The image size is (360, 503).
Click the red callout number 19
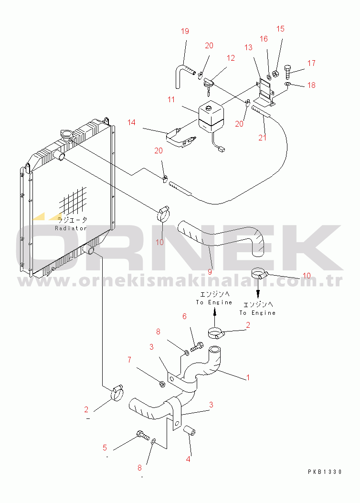point(185,31)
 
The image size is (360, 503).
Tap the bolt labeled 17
point(287,72)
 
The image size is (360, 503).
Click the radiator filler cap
point(67,135)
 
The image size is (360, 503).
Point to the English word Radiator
point(71,228)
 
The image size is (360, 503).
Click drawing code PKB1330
point(325,471)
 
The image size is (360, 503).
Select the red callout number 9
point(210,272)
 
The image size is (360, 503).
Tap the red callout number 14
point(131,122)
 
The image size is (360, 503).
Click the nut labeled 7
point(162,383)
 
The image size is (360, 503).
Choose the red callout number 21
point(263,137)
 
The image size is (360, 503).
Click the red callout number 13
point(248,47)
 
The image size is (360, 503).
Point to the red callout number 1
point(248,377)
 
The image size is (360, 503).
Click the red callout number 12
point(231,58)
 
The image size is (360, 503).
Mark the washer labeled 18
point(287,84)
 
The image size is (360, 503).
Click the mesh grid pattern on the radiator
point(73,201)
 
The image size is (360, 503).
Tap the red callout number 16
point(264,39)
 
